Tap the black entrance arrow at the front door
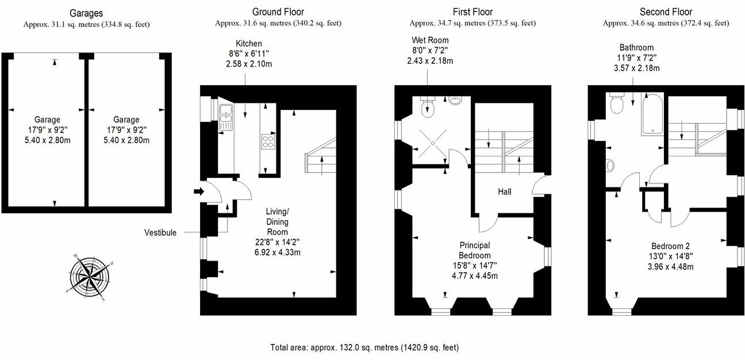tap(199, 192)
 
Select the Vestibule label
tap(160, 233)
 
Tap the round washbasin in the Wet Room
tap(455, 101)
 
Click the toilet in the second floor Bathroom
tap(617, 105)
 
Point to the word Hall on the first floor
tap(505, 192)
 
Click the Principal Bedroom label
tap(474, 250)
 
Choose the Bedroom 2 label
tap(670, 246)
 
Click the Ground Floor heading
tap(278, 12)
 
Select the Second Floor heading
tap(666, 12)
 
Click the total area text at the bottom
tap(364, 347)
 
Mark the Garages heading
tap(87, 12)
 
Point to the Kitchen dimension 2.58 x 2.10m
tap(248, 64)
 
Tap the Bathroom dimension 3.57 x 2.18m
tap(636, 68)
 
